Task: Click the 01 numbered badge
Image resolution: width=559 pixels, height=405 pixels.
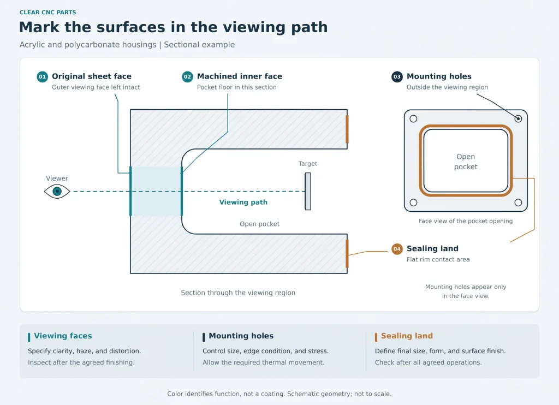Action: pos(43,76)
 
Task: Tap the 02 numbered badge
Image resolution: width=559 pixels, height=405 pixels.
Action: pos(188,76)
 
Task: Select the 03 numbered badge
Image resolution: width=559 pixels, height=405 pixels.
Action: pos(397,76)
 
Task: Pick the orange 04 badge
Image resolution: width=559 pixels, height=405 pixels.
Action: pos(397,249)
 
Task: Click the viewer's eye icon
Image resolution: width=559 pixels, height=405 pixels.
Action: pos(57,192)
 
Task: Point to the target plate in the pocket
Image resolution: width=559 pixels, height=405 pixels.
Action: pos(308,192)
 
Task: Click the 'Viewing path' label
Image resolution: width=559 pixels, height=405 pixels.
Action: pos(243,202)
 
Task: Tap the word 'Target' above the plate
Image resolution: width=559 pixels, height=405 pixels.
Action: pos(308,164)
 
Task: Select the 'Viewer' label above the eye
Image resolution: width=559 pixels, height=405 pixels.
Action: pos(57,178)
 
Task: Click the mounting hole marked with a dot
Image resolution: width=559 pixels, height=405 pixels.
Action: pos(519,119)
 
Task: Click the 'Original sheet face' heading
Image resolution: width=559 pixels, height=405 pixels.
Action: pos(92,76)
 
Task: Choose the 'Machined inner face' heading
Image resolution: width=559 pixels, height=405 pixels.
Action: pos(240,76)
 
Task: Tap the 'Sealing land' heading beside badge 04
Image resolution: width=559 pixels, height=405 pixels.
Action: pos(432,248)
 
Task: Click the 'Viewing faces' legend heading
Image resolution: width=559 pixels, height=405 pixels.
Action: pos(63,336)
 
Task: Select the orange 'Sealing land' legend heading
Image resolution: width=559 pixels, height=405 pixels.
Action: pos(407,336)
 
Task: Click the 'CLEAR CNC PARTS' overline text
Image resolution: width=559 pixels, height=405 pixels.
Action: pos(48,12)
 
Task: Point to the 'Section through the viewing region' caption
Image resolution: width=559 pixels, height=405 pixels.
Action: pos(238,293)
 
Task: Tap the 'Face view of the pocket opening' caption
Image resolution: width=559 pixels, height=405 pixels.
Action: pos(466,221)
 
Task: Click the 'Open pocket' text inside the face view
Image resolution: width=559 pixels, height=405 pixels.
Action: pos(466,162)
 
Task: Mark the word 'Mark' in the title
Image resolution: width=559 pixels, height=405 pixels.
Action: pos(39,27)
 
